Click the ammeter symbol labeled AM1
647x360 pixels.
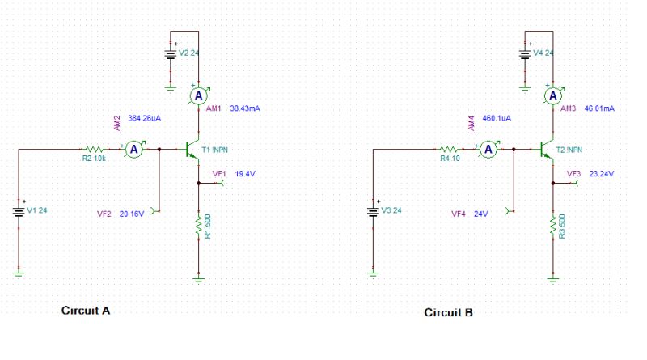198,96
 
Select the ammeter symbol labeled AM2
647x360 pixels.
137,150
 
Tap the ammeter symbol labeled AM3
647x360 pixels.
553,96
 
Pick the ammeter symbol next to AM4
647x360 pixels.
488,150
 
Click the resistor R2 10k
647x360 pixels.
95,150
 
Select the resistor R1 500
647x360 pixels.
198,227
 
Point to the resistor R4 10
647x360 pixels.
450,150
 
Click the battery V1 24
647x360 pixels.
19,210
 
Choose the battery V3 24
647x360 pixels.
373,210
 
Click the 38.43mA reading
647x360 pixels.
245,108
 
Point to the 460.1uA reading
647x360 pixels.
497,118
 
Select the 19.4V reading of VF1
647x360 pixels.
245,174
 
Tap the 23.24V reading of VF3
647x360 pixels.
602,174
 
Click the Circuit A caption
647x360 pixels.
86,311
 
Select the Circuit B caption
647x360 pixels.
449,312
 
